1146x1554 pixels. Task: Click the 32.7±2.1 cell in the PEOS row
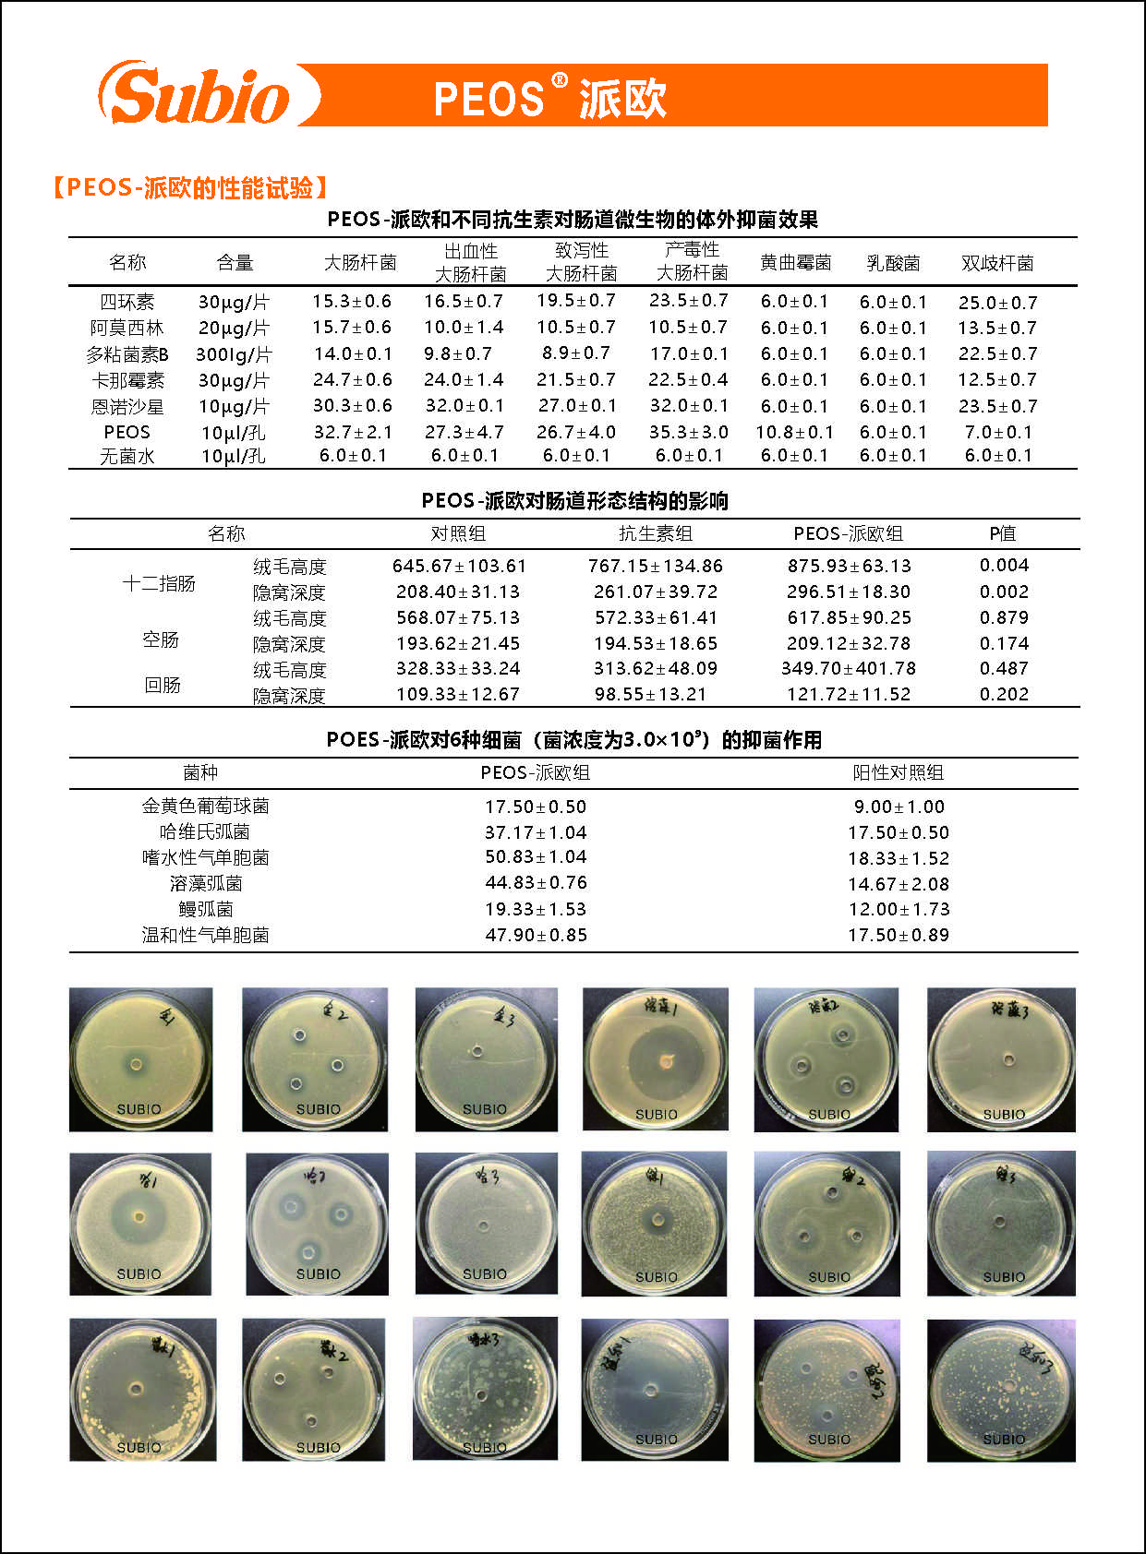coord(353,432)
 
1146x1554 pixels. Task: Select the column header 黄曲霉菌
coord(795,263)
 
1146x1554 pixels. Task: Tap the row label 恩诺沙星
coord(127,406)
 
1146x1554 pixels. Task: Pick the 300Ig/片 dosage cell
coord(234,354)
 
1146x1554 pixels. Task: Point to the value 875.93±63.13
coord(849,566)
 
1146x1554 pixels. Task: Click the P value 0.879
coord(1004,617)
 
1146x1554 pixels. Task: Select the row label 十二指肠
coord(159,583)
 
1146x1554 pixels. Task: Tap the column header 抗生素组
coord(655,533)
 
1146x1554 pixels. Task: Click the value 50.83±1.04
coord(536,857)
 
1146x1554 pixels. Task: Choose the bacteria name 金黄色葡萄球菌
coord(205,806)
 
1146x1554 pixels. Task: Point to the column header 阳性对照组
coord(898,772)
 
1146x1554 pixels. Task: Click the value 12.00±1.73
coord(899,909)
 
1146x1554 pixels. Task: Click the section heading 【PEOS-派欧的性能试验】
coord(190,188)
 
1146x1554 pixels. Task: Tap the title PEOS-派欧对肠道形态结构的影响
coord(574,501)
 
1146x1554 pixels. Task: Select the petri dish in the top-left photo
coord(140,1059)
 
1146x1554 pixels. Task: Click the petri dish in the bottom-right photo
coord(1001,1390)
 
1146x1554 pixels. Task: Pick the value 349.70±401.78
coord(849,668)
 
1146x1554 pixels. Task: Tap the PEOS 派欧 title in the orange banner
coord(549,97)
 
